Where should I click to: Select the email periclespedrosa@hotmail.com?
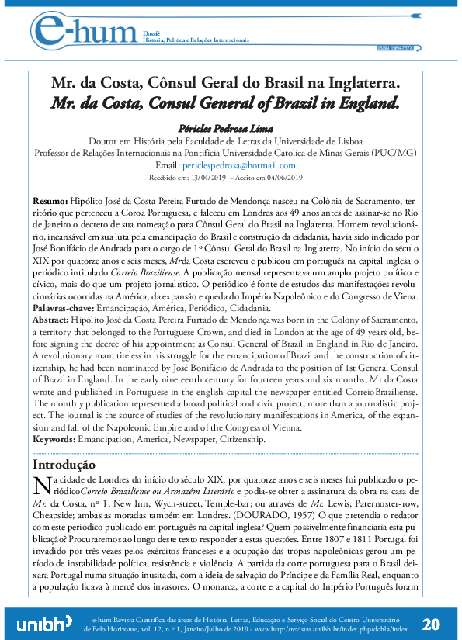click(x=246, y=166)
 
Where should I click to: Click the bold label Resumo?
click(x=50, y=200)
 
